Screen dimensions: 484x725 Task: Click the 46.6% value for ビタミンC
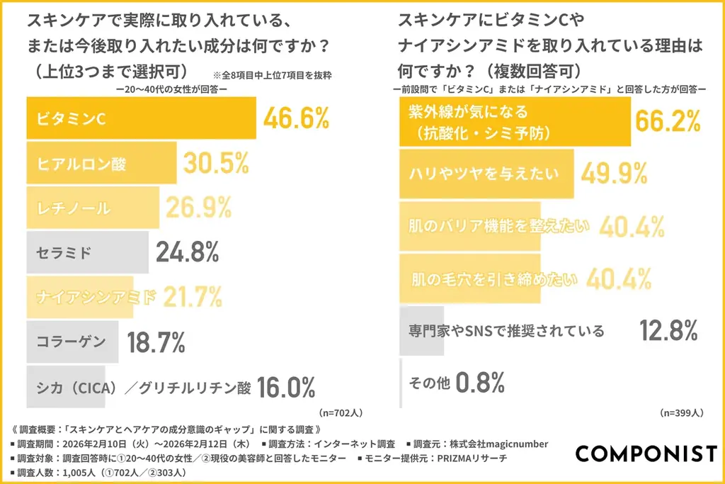pos(296,118)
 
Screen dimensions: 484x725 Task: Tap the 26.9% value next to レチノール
pos(199,207)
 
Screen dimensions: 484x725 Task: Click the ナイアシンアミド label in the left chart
pos(96,296)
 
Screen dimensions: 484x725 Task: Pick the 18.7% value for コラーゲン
pos(156,342)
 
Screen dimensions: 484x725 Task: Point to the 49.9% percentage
pos(615,172)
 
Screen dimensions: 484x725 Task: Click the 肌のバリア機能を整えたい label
pos(499,226)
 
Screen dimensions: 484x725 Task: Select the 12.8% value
pos(668,330)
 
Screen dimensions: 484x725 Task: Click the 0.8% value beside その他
pos(479,383)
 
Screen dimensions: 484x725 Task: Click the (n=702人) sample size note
pos(341,412)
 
